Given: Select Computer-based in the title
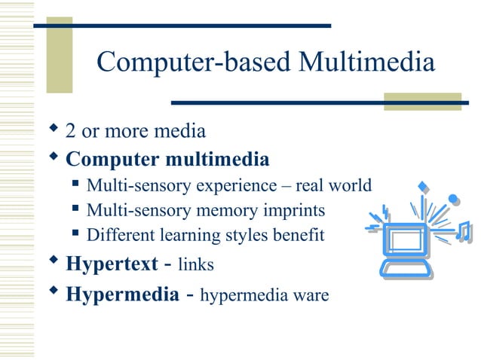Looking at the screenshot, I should point(194,63).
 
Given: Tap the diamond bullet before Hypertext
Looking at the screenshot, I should point(53,261).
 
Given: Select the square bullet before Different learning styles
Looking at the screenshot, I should point(75,233).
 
